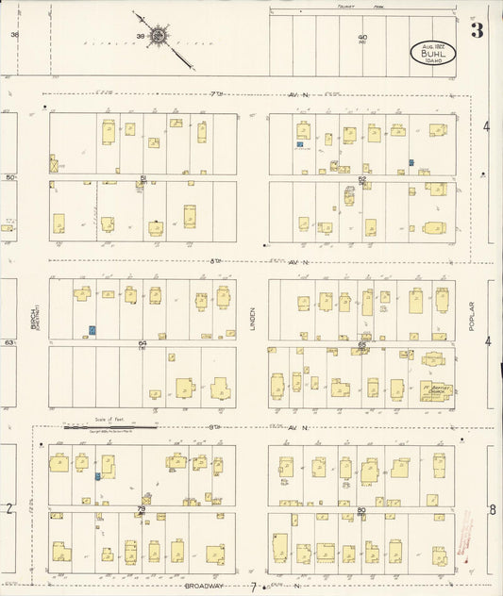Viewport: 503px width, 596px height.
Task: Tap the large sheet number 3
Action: pyautogui.click(x=478, y=30)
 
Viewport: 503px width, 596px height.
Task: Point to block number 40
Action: pyautogui.click(x=362, y=38)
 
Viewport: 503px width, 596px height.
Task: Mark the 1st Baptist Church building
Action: pyautogui.click(x=435, y=389)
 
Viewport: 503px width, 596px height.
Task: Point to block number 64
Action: pyautogui.click(x=143, y=343)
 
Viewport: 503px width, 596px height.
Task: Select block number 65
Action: pyautogui.click(x=362, y=345)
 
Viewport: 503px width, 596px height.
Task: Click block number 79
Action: pyautogui.click(x=143, y=509)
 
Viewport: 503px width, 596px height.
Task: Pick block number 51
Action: pyautogui.click(x=143, y=178)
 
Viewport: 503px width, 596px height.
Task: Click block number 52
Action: pyautogui.click(x=361, y=178)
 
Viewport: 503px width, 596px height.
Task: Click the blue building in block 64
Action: pyautogui.click(x=92, y=330)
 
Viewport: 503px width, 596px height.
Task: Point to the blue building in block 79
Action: pyautogui.click(x=97, y=477)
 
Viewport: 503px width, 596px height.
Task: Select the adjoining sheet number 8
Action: pyautogui.click(x=492, y=510)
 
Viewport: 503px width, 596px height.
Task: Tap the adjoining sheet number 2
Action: pyautogui.click(x=8, y=510)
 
